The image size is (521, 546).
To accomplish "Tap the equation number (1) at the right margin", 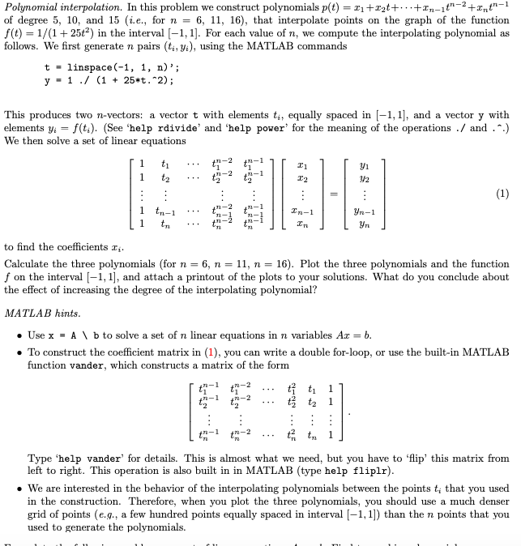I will click(502, 194).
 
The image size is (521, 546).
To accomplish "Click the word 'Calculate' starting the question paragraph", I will click(28, 264).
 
